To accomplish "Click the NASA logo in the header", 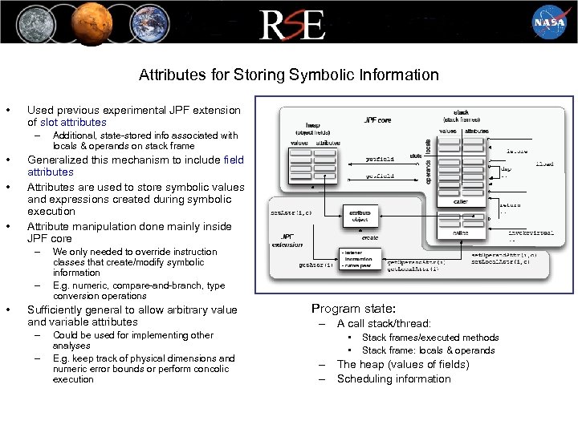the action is (549, 22).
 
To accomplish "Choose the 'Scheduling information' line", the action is (393, 378).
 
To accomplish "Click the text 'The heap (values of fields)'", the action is (402, 364).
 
